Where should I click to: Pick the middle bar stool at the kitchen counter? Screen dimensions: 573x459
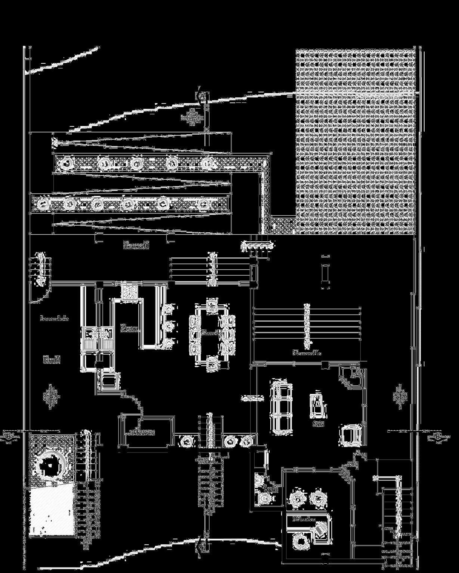[x=169, y=325]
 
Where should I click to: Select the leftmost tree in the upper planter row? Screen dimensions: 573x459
[x=67, y=163]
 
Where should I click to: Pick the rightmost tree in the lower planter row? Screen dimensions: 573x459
[x=204, y=204]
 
